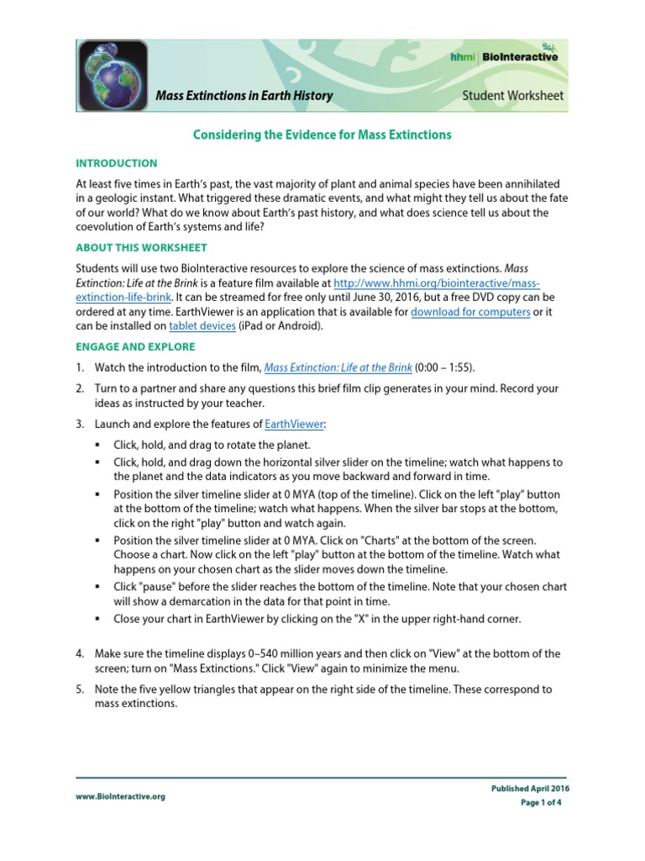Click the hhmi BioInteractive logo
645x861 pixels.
(503, 57)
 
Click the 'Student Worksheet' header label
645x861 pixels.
(513, 96)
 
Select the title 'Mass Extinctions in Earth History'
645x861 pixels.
(244, 96)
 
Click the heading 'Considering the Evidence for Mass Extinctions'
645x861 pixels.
(322, 135)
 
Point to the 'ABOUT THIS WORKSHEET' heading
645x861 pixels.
(141, 248)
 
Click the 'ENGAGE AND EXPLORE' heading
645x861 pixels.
(135, 346)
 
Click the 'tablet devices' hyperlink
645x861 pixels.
(202, 326)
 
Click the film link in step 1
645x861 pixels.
(338, 367)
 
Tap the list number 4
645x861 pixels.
(80, 653)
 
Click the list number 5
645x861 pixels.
(80, 689)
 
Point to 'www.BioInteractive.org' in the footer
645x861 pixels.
(120, 797)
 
